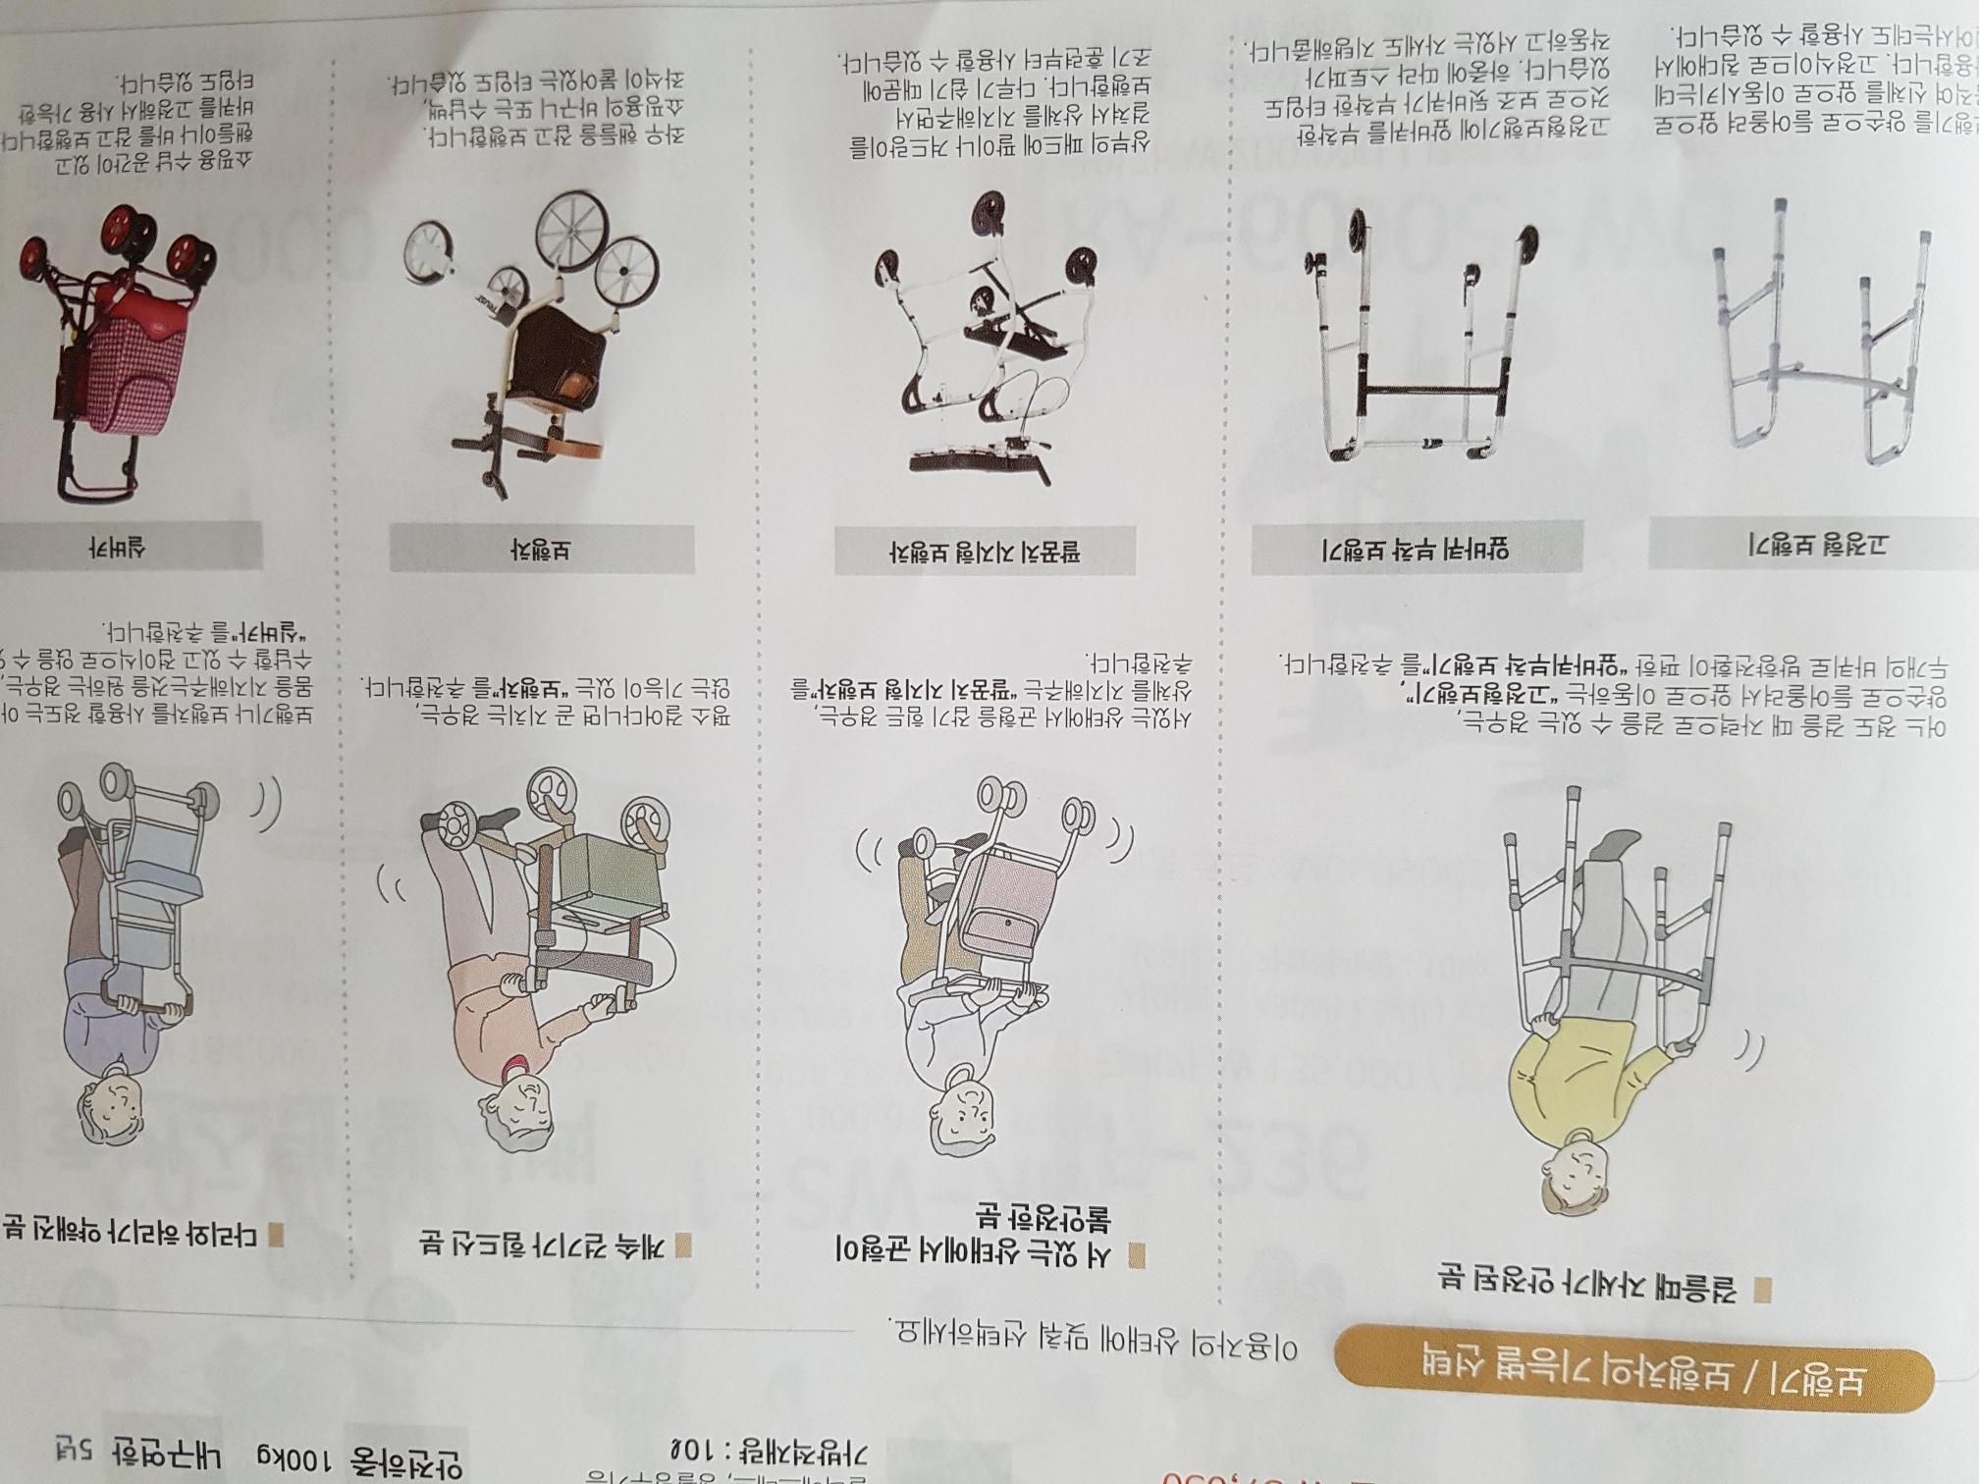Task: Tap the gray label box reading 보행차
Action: click(x=541, y=550)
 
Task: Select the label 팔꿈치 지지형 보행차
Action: click(x=985, y=552)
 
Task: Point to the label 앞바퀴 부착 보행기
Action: click(x=1417, y=549)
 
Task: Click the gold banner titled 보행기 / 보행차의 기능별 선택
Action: click(x=1632, y=1380)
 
